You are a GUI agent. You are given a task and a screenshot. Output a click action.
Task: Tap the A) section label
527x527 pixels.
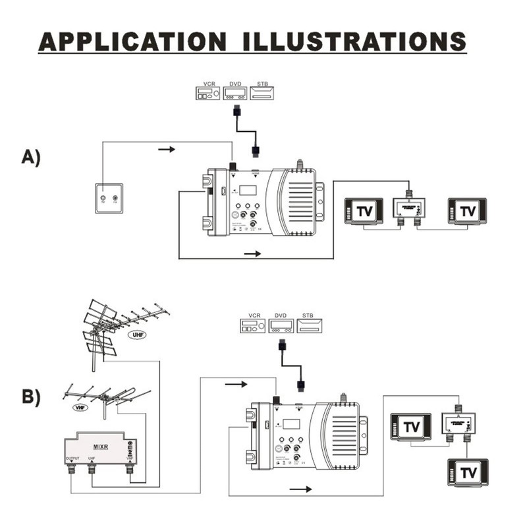coord(31,157)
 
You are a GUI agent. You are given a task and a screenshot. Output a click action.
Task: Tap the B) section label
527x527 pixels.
coord(31,397)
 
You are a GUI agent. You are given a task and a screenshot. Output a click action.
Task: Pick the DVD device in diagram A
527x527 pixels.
coord(235,93)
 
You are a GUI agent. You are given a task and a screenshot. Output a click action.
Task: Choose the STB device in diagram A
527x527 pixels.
coord(262,93)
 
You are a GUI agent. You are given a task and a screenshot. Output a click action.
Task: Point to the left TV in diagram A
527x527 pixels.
coord(363,211)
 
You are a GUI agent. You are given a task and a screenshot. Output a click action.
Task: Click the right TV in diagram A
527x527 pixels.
coord(467,211)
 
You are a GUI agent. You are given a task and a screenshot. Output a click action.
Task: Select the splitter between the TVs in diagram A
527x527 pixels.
coord(409,208)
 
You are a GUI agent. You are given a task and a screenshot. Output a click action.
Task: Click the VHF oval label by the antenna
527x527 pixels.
coord(80,407)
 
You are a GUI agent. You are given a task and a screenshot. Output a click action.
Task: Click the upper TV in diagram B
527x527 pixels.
coord(411,427)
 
